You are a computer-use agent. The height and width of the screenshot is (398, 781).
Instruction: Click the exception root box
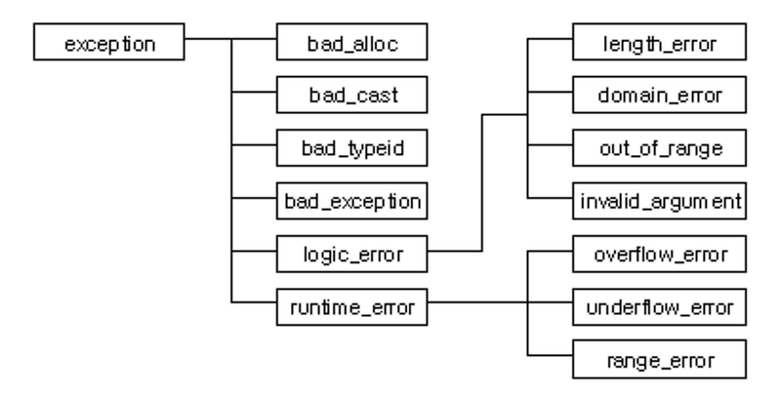(109, 42)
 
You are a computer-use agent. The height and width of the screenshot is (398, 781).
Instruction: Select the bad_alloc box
(352, 42)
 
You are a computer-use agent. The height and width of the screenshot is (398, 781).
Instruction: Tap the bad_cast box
(352, 95)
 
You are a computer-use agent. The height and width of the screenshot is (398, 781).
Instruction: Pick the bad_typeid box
(352, 147)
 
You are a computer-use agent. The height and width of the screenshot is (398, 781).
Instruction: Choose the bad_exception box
(352, 201)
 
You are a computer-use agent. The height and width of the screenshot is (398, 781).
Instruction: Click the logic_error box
(352, 254)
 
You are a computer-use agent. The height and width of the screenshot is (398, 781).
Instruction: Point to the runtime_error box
(352, 307)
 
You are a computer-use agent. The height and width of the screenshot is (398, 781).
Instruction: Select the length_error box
(660, 42)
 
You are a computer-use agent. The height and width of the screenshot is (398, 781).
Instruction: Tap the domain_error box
(660, 95)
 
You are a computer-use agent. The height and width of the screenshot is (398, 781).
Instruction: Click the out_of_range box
(660, 147)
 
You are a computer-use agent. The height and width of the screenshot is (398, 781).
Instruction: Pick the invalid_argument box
(660, 201)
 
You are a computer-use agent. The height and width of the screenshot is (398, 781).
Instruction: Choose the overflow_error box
(660, 254)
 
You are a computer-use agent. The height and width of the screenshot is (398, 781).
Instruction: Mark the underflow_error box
(660, 307)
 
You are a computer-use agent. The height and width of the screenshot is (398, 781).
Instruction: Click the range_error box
(660, 359)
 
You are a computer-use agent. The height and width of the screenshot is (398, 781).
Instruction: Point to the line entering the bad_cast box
(254, 92)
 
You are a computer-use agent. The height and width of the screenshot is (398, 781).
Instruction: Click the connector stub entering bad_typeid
(254, 145)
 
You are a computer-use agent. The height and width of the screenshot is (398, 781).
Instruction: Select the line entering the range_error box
(550, 355)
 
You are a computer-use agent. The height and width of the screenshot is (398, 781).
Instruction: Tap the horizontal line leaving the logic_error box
(455, 251)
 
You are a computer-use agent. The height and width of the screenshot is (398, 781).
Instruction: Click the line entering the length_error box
(550, 39)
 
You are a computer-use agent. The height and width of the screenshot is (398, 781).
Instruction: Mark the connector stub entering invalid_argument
(550, 198)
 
